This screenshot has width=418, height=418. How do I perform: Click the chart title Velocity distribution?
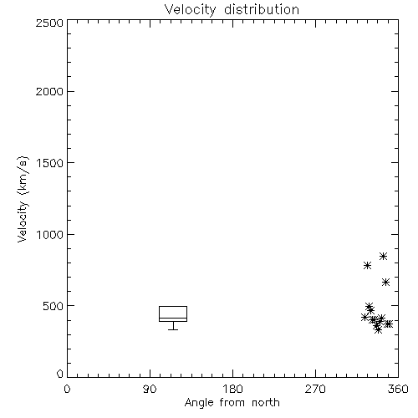[232, 9]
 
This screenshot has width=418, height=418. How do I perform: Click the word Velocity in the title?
[190, 9]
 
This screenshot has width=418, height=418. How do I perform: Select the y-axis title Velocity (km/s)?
[23, 199]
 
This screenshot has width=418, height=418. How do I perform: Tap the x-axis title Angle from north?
[232, 403]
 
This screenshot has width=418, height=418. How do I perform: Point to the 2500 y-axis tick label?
[49, 23]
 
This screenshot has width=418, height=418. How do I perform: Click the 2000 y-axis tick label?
[49, 91]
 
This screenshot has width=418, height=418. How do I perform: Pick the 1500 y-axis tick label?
[50, 163]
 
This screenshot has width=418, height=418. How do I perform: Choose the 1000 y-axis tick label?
[50, 235]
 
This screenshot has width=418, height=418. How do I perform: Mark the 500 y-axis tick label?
[54, 306]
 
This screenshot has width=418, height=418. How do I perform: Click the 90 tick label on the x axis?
[150, 389]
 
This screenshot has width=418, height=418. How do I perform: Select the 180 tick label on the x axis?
[232, 389]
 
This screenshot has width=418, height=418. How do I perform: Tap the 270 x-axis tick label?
[315, 389]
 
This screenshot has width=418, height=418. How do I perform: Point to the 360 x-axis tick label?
[398, 389]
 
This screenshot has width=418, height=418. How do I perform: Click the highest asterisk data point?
[383, 256]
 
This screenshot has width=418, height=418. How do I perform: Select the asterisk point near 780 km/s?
[367, 265]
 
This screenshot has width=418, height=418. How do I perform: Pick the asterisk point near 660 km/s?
[385, 283]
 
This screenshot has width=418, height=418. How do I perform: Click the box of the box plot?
[173, 307]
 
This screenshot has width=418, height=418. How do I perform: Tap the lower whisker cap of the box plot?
[173, 329]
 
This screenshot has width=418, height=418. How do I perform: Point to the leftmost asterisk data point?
[364, 317]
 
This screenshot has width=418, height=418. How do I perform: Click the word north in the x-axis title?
[266, 403]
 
